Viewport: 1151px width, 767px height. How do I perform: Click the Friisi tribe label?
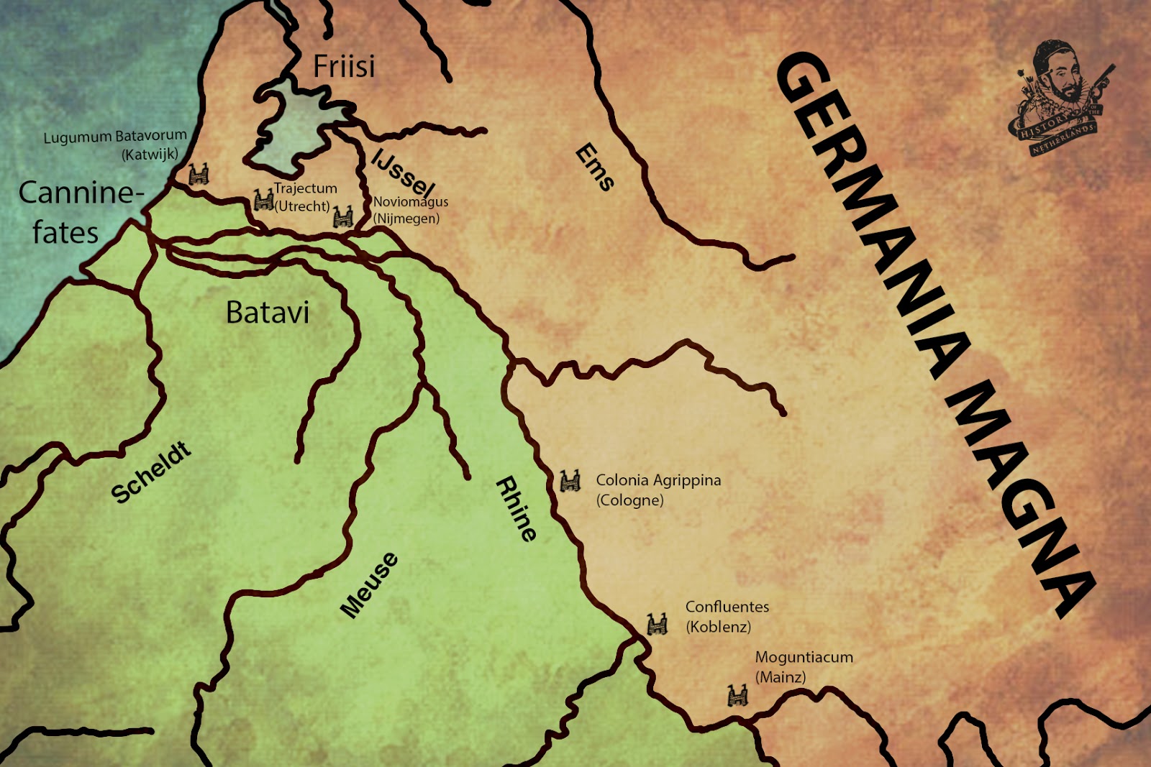click(344, 66)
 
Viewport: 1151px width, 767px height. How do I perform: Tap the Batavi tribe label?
click(268, 313)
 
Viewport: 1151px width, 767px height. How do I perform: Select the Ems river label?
click(595, 167)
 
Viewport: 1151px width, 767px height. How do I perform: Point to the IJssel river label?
click(404, 173)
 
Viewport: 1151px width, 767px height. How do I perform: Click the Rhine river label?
click(517, 508)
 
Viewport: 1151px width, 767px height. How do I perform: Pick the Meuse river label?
click(369, 585)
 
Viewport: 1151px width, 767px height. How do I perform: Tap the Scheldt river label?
click(151, 473)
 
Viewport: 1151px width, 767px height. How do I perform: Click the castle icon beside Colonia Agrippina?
click(570, 480)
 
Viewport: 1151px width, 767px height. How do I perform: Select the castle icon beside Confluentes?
click(657, 623)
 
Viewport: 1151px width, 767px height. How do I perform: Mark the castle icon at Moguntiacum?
click(737, 695)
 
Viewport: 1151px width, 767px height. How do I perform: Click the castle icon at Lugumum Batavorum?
click(198, 174)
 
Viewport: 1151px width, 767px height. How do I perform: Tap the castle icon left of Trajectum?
click(263, 200)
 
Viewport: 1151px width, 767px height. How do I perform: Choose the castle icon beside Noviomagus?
click(342, 216)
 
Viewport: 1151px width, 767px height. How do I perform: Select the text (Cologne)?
click(629, 500)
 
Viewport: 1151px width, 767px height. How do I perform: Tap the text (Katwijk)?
click(150, 155)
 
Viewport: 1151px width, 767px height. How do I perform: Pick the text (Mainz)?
click(781, 677)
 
